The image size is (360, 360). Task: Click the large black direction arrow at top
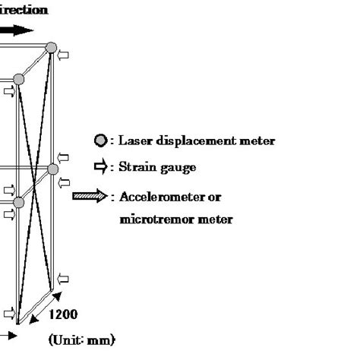(17, 31)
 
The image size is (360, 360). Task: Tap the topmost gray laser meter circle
(51, 48)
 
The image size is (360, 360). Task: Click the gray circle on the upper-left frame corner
(19, 79)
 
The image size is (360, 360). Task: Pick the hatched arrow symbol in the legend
(90, 197)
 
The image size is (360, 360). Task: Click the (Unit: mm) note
(82, 339)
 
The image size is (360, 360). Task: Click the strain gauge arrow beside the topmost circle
(64, 55)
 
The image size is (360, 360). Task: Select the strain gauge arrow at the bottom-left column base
(8, 312)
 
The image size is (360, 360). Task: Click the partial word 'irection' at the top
(23, 10)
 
